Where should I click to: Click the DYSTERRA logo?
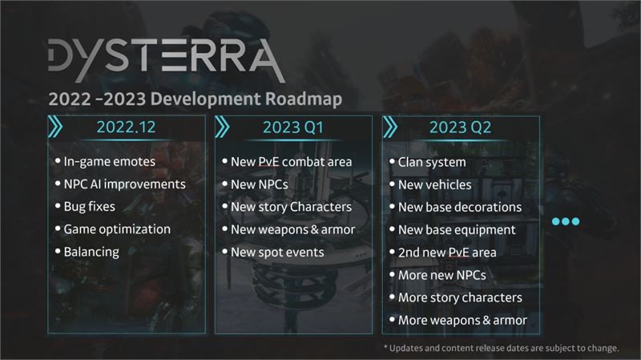(167, 60)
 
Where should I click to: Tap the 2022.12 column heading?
(126, 127)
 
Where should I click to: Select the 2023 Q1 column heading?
(292, 127)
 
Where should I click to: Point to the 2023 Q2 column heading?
(460, 127)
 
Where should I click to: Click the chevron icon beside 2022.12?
(55, 127)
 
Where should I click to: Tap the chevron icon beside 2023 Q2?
(390, 127)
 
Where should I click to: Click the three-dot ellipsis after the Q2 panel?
(566, 221)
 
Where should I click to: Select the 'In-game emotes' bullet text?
(109, 162)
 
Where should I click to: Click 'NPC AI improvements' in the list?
(125, 184)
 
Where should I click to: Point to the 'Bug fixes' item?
(89, 207)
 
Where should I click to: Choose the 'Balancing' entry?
(91, 252)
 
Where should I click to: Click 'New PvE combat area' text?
(291, 162)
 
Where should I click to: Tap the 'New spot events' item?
(277, 253)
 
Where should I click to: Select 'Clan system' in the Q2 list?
(432, 163)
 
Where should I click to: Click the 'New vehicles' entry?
(434, 185)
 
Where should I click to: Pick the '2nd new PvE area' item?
(447, 253)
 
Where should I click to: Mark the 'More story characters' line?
(460, 297)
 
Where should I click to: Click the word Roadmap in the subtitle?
(304, 99)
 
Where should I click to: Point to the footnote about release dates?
(502, 348)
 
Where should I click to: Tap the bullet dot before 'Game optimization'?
(58, 229)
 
